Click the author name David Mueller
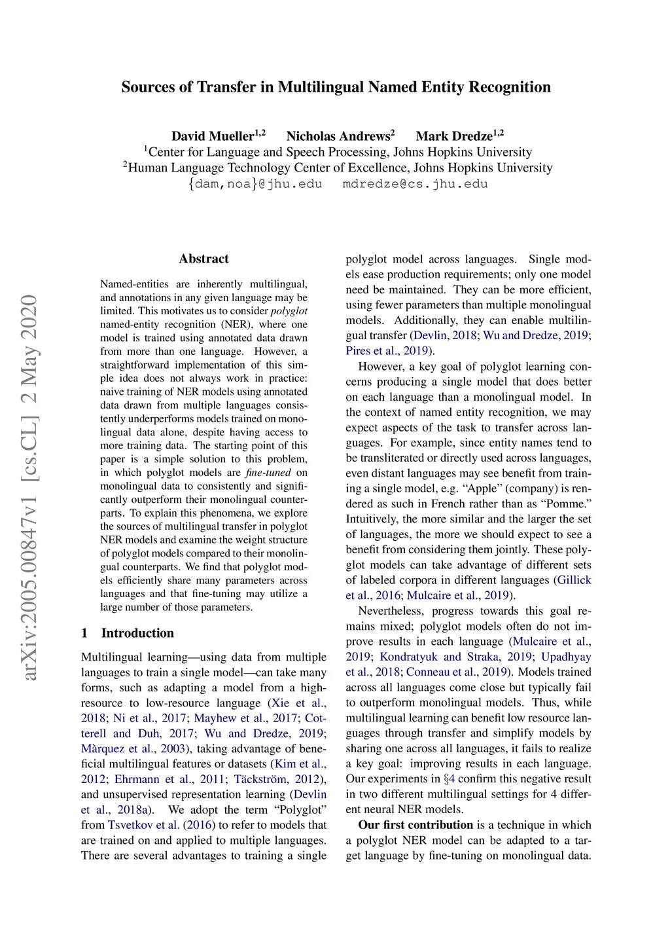(212, 136)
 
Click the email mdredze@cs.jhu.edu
(415, 184)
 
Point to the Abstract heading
(203, 259)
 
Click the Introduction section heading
(137, 633)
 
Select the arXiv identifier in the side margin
(29, 487)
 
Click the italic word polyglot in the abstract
(289, 311)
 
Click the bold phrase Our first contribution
(415, 825)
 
